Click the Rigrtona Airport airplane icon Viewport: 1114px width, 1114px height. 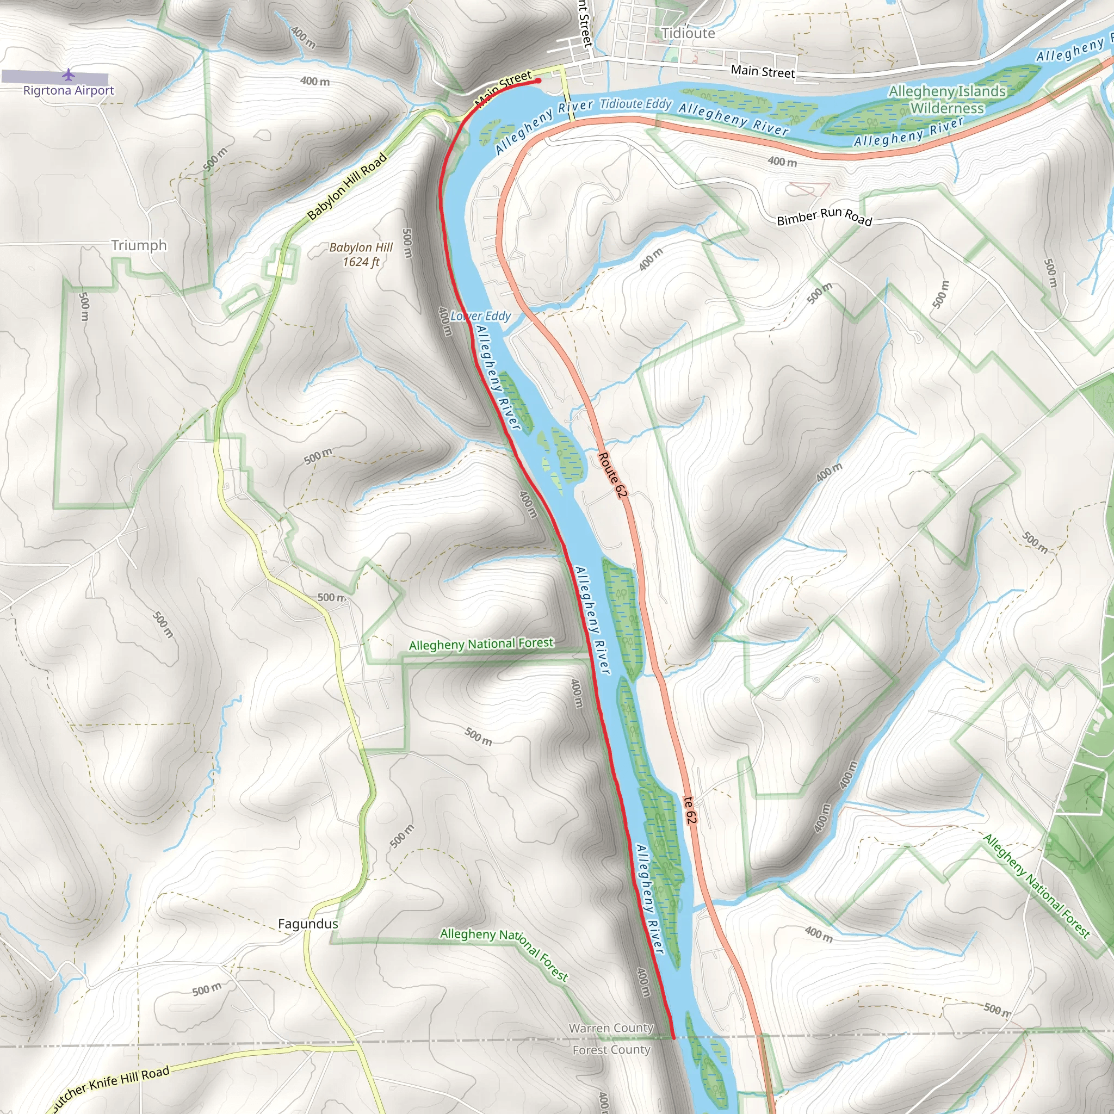[69, 75]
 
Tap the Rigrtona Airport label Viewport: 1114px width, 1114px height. [69, 90]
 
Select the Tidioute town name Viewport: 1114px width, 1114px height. [688, 33]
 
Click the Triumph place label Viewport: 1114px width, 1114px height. [139, 246]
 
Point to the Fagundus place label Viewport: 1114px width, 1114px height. [308, 924]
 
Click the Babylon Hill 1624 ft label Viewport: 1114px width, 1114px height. [361, 254]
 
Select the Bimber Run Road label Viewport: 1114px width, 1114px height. [824, 217]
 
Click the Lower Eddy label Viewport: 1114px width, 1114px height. [480, 316]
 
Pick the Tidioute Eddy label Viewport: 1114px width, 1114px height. [635, 104]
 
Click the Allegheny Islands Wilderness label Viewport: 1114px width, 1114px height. [947, 100]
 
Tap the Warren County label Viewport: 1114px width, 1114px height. [611, 1028]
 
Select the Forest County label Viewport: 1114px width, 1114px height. [611, 1050]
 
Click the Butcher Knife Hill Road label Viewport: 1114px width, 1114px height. [109, 1087]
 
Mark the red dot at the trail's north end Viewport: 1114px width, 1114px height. [538, 81]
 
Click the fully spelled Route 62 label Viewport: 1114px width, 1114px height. [612, 475]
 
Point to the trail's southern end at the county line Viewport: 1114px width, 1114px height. [673, 1038]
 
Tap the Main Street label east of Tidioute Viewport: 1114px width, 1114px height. [762, 71]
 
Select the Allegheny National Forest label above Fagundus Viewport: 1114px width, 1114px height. [481, 644]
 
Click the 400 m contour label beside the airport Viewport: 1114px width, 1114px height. [315, 81]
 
